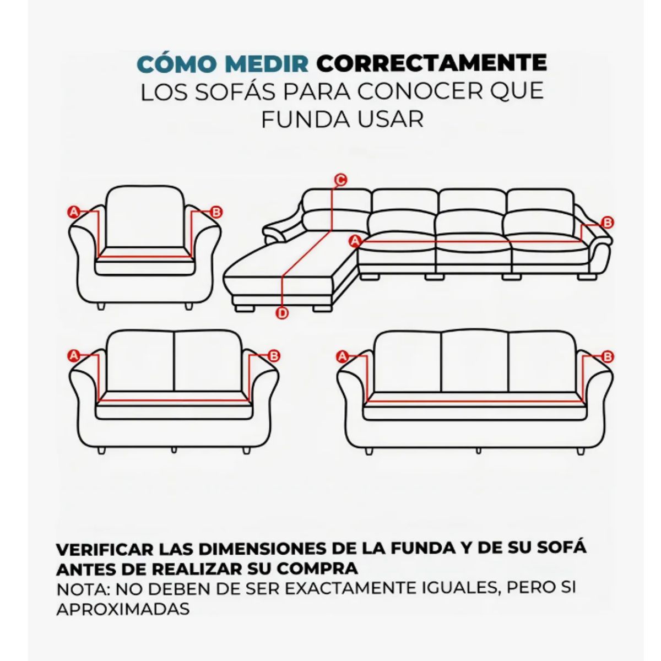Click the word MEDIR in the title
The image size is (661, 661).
267,63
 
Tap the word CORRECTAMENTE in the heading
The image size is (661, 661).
431,63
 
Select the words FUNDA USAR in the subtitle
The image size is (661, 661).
342,120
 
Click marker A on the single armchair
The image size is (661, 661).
73,212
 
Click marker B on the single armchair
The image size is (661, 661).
216,212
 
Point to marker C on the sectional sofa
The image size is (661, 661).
341,180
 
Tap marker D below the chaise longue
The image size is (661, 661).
282,313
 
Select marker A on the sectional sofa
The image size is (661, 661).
355,241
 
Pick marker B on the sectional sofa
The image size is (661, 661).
608,223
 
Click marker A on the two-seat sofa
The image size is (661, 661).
74,355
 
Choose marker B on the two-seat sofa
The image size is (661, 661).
274,355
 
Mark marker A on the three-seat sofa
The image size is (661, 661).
343,356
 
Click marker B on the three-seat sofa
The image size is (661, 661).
608,357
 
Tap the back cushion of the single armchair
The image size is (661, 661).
145,218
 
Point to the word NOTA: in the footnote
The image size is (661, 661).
83,588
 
